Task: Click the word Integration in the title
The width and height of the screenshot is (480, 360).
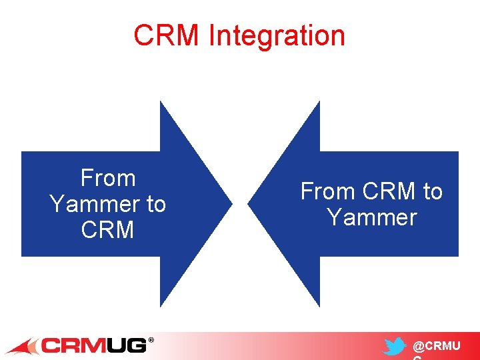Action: click(277, 36)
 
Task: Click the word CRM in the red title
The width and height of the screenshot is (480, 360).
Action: click(167, 36)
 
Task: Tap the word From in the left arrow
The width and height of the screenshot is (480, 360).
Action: click(108, 179)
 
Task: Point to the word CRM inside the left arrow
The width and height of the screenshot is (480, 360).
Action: click(108, 230)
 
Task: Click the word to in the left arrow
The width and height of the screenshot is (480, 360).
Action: click(155, 204)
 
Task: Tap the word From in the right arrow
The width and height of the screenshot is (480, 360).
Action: click(327, 192)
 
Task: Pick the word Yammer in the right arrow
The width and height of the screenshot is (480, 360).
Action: click(372, 217)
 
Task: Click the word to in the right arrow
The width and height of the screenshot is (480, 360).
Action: click(433, 192)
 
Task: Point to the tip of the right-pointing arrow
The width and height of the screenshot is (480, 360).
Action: click(231, 203)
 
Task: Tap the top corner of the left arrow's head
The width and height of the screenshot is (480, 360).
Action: click(161, 102)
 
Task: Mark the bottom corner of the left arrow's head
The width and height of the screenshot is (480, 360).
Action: click(161, 306)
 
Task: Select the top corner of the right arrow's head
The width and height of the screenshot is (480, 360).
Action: click(319, 102)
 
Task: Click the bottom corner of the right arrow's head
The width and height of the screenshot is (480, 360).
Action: click(319, 306)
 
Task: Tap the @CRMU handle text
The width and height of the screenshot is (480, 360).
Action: click(437, 347)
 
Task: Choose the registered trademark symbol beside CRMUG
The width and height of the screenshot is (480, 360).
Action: click(151, 340)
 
